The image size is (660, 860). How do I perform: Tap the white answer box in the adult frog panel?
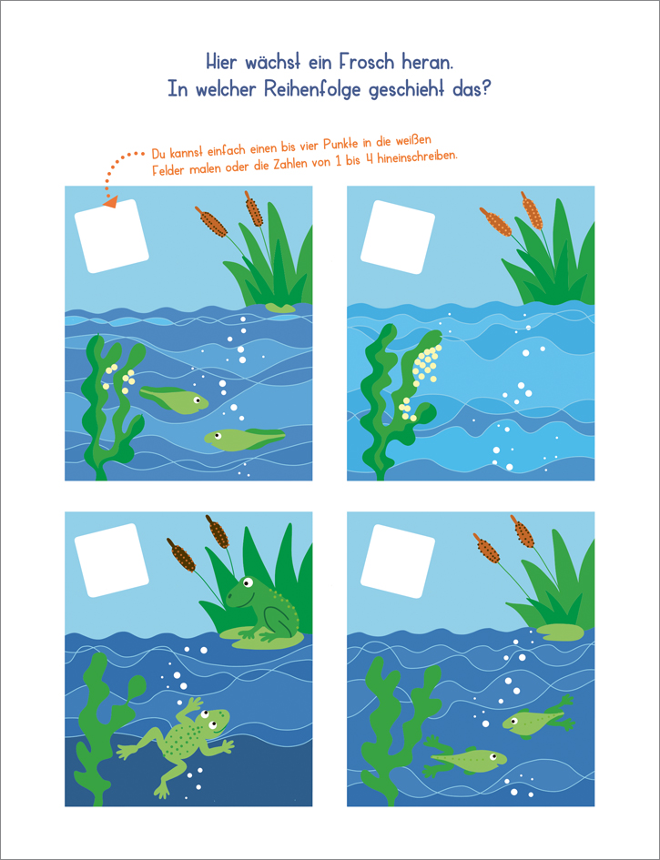(112, 560)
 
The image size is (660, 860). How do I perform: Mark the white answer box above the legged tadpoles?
(398, 560)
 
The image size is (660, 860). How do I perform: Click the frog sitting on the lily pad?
(262, 608)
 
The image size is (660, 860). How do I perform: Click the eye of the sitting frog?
(249, 582)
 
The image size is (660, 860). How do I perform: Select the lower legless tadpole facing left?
(244, 439)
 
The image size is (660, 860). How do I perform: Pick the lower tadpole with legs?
(465, 759)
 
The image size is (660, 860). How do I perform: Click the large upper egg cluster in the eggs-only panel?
(426, 363)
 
